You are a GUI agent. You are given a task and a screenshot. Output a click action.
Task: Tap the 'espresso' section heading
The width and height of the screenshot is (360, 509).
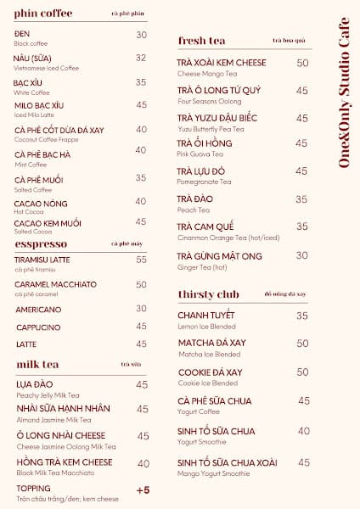pos(42,243)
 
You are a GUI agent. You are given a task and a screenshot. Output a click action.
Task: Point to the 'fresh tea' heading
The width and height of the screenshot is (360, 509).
pos(201,41)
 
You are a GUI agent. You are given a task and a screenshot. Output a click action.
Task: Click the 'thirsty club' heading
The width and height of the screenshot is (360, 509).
pos(209,294)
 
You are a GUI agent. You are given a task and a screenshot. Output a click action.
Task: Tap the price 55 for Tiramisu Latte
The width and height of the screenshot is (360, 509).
pos(141,260)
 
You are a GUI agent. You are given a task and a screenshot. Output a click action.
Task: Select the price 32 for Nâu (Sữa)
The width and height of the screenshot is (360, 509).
pos(141,58)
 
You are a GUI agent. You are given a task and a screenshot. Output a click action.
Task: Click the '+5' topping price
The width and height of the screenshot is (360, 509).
pos(142,490)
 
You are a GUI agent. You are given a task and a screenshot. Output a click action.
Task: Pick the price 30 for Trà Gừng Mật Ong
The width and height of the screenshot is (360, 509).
pos(301,255)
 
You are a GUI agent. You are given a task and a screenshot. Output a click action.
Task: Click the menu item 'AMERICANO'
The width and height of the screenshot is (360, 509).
pos(37,310)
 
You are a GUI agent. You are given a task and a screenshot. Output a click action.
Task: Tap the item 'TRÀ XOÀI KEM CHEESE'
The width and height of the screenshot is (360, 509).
pos(222,64)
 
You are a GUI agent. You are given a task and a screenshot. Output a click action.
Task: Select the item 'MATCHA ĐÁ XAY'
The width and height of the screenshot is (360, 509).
pos(212,344)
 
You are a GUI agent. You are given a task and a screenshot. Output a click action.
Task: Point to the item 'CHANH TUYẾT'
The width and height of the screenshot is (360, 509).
pos(206,316)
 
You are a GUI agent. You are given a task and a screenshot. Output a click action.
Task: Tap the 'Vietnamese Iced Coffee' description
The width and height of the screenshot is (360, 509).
pos(47,68)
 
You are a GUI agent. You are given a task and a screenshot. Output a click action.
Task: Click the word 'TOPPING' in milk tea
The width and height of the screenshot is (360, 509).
pos(33,489)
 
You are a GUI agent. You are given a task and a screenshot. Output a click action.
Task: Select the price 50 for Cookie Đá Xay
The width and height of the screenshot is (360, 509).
pos(301,372)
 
